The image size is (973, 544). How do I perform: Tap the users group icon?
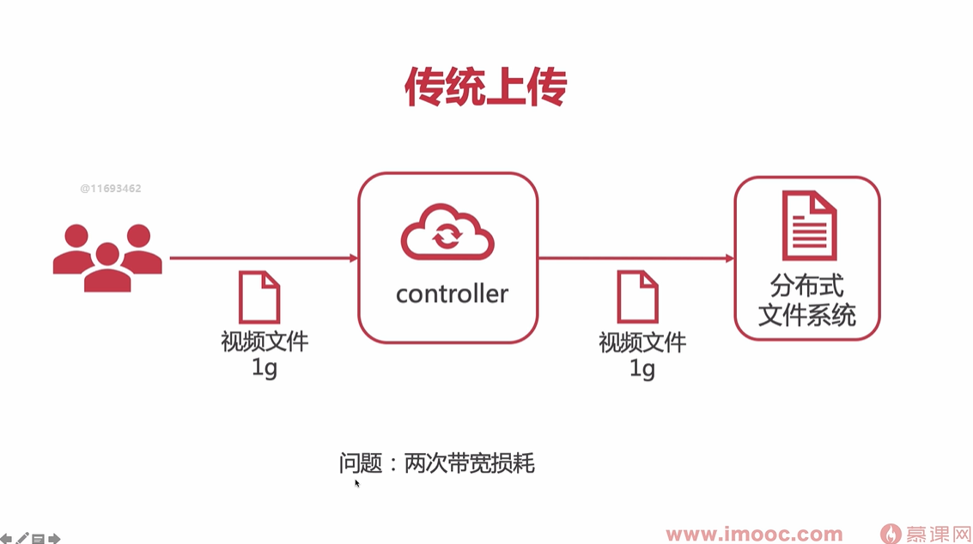pyautogui.click(x=107, y=257)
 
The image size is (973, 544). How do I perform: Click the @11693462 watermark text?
pyautogui.click(x=111, y=188)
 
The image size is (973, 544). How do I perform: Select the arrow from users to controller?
pyautogui.click(x=263, y=257)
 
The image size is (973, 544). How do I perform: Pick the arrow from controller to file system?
pyautogui.click(x=635, y=257)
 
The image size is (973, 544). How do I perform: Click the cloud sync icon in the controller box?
pyautogui.click(x=447, y=232)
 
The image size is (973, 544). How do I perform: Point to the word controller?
pyautogui.click(x=452, y=294)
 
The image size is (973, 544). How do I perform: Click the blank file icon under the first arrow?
pyautogui.click(x=259, y=297)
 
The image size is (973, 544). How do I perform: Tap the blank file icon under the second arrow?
pyautogui.click(x=638, y=297)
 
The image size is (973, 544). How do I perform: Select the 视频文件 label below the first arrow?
pyautogui.click(x=265, y=342)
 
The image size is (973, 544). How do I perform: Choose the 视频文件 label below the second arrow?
pyautogui.click(x=642, y=342)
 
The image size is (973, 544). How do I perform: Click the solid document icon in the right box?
pyautogui.click(x=809, y=226)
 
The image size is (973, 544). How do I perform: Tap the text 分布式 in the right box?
pyautogui.click(x=807, y=286)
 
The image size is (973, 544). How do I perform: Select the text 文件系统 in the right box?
pyautogui.click(x=807, y=314)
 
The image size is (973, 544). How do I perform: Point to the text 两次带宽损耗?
pyautogui.click(x=469, y=464)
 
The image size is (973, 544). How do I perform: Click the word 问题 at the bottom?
pyautogui.click(x=360, y=464)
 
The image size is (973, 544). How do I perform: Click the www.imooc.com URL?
pyautogui.click(x=754, y=535)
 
